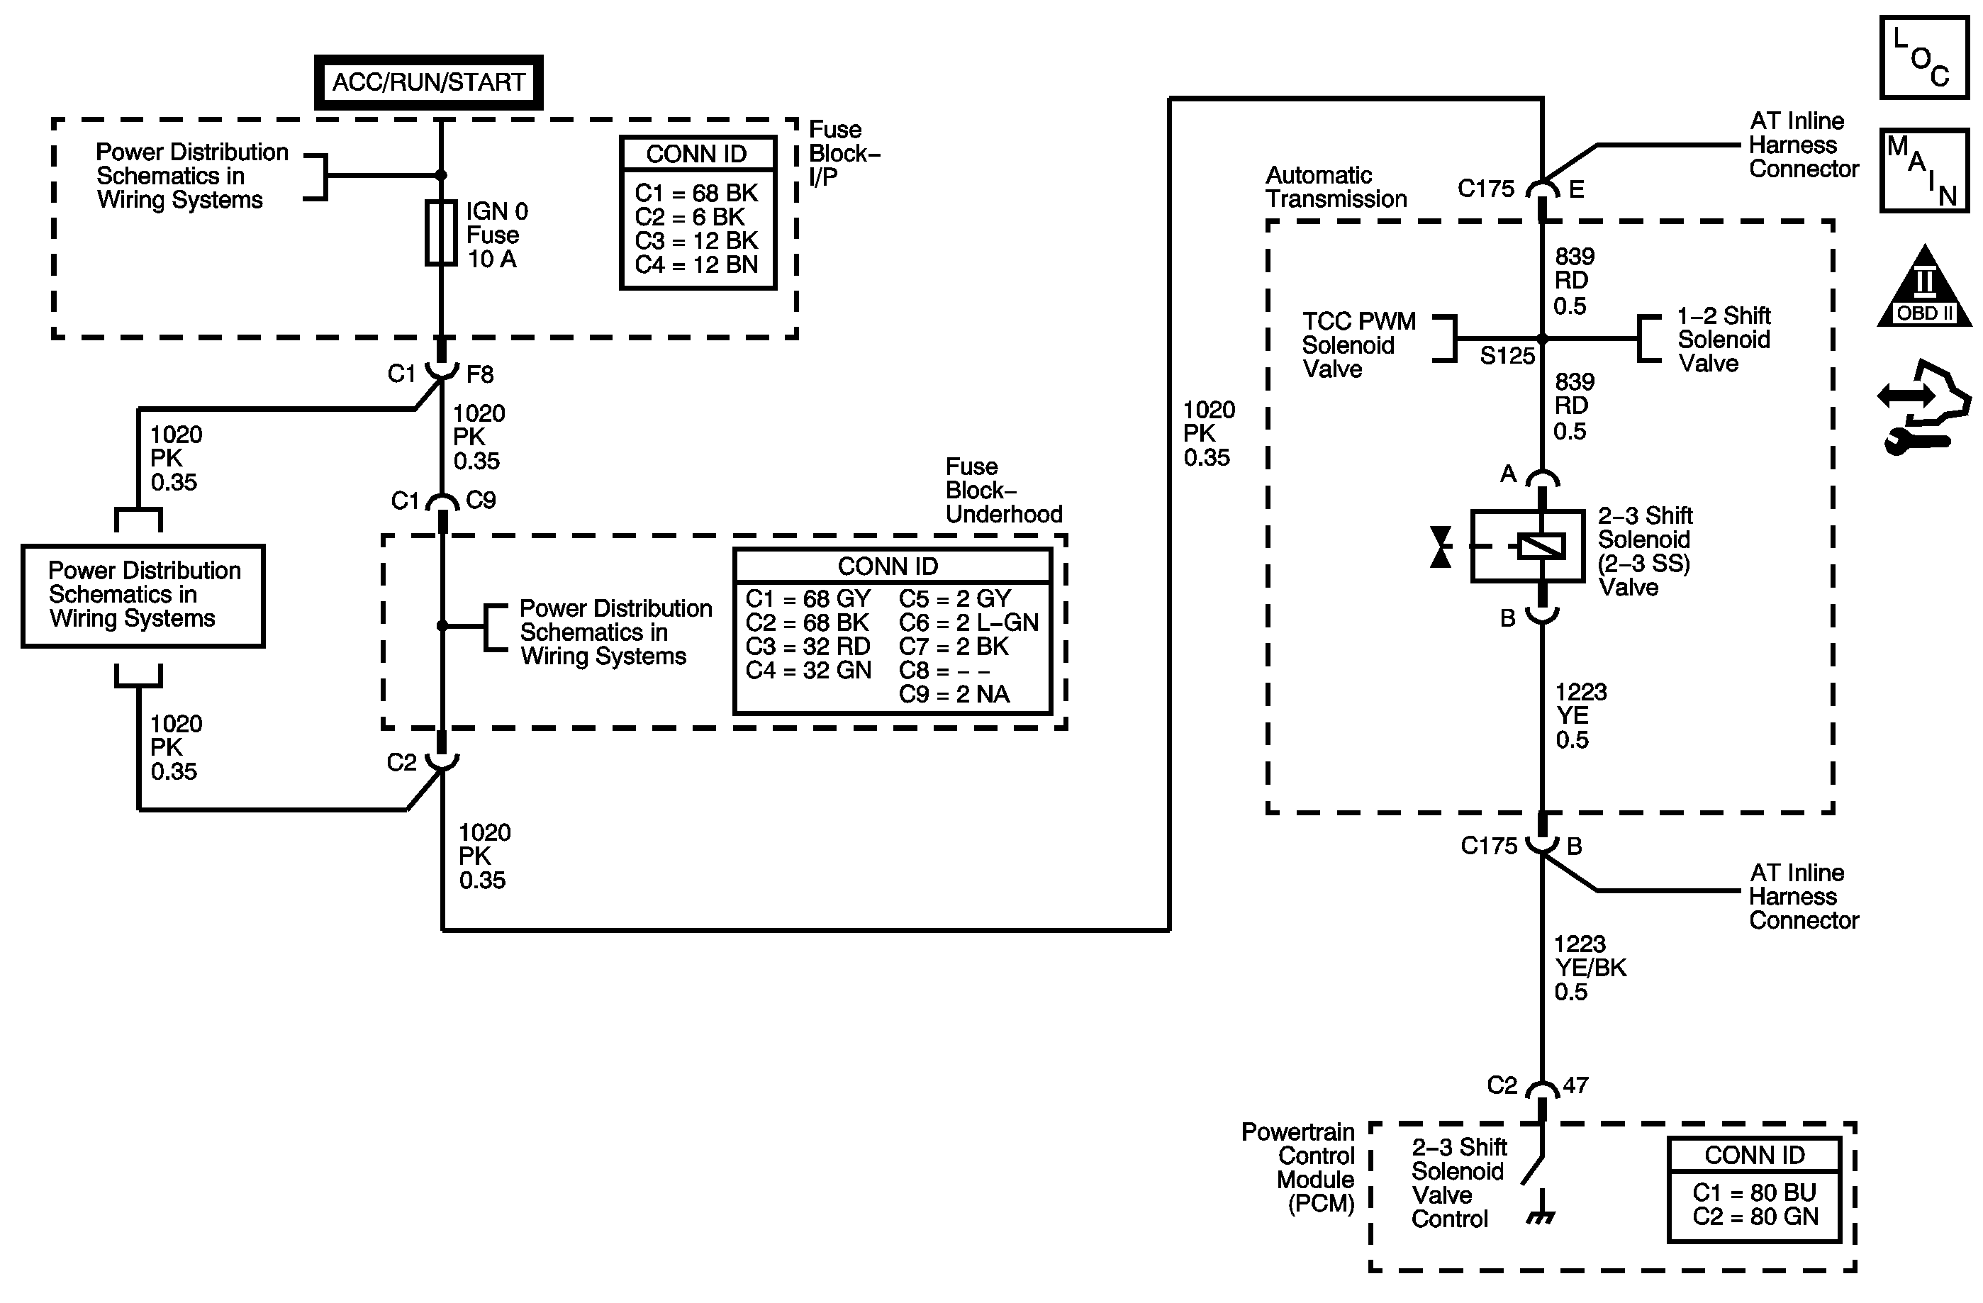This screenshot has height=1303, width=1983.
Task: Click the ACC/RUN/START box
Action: (x=428, y=82)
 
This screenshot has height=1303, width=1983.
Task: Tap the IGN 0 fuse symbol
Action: (x=441, y=233)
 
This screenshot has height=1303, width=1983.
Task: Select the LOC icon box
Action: (x=1925, y=57)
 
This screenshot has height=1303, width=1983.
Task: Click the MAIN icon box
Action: (x=1925, y=170)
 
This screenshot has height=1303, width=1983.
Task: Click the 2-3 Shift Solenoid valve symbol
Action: (x=1527, y=546)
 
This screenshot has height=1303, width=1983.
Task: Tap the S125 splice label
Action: (x=1507, y=356)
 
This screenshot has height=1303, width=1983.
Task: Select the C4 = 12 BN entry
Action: (x=696, y=265)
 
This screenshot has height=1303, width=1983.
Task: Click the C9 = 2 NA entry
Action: (x=954, y=694)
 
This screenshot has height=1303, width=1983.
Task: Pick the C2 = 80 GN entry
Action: (x=1755, y=1217)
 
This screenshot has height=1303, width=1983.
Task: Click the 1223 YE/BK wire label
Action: (x=1590, y=967)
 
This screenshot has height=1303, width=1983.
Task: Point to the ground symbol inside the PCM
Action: (x=1541, y=1217)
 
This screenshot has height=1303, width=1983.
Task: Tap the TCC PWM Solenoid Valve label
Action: (x=1358, y=345)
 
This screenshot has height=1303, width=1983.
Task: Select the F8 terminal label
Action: (x=480, y=375)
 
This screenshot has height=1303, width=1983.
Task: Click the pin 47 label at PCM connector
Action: (x=1575, y=1085)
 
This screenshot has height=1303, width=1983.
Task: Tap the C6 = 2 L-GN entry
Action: (x=968, y=622)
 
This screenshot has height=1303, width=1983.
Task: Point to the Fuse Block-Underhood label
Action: (x=1003, y=490)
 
